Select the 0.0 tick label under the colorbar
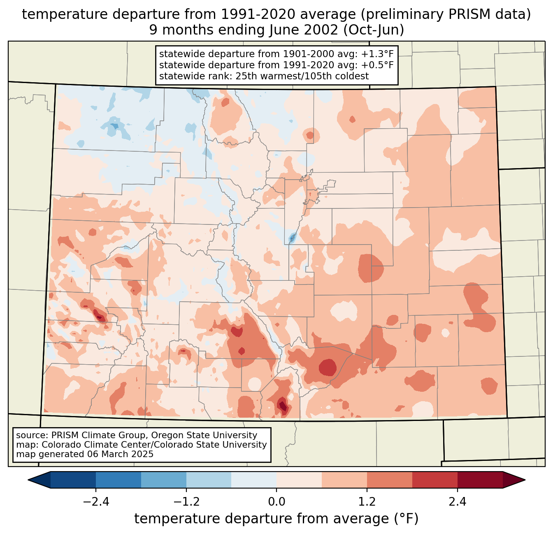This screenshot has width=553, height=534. coord(276,502)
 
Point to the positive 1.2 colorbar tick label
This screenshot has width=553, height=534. coord(367,502)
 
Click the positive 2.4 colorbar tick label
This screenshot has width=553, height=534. coord(458,502)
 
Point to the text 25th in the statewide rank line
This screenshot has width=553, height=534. coord(235,76)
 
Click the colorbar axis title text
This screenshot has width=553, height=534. coord(276,519)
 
